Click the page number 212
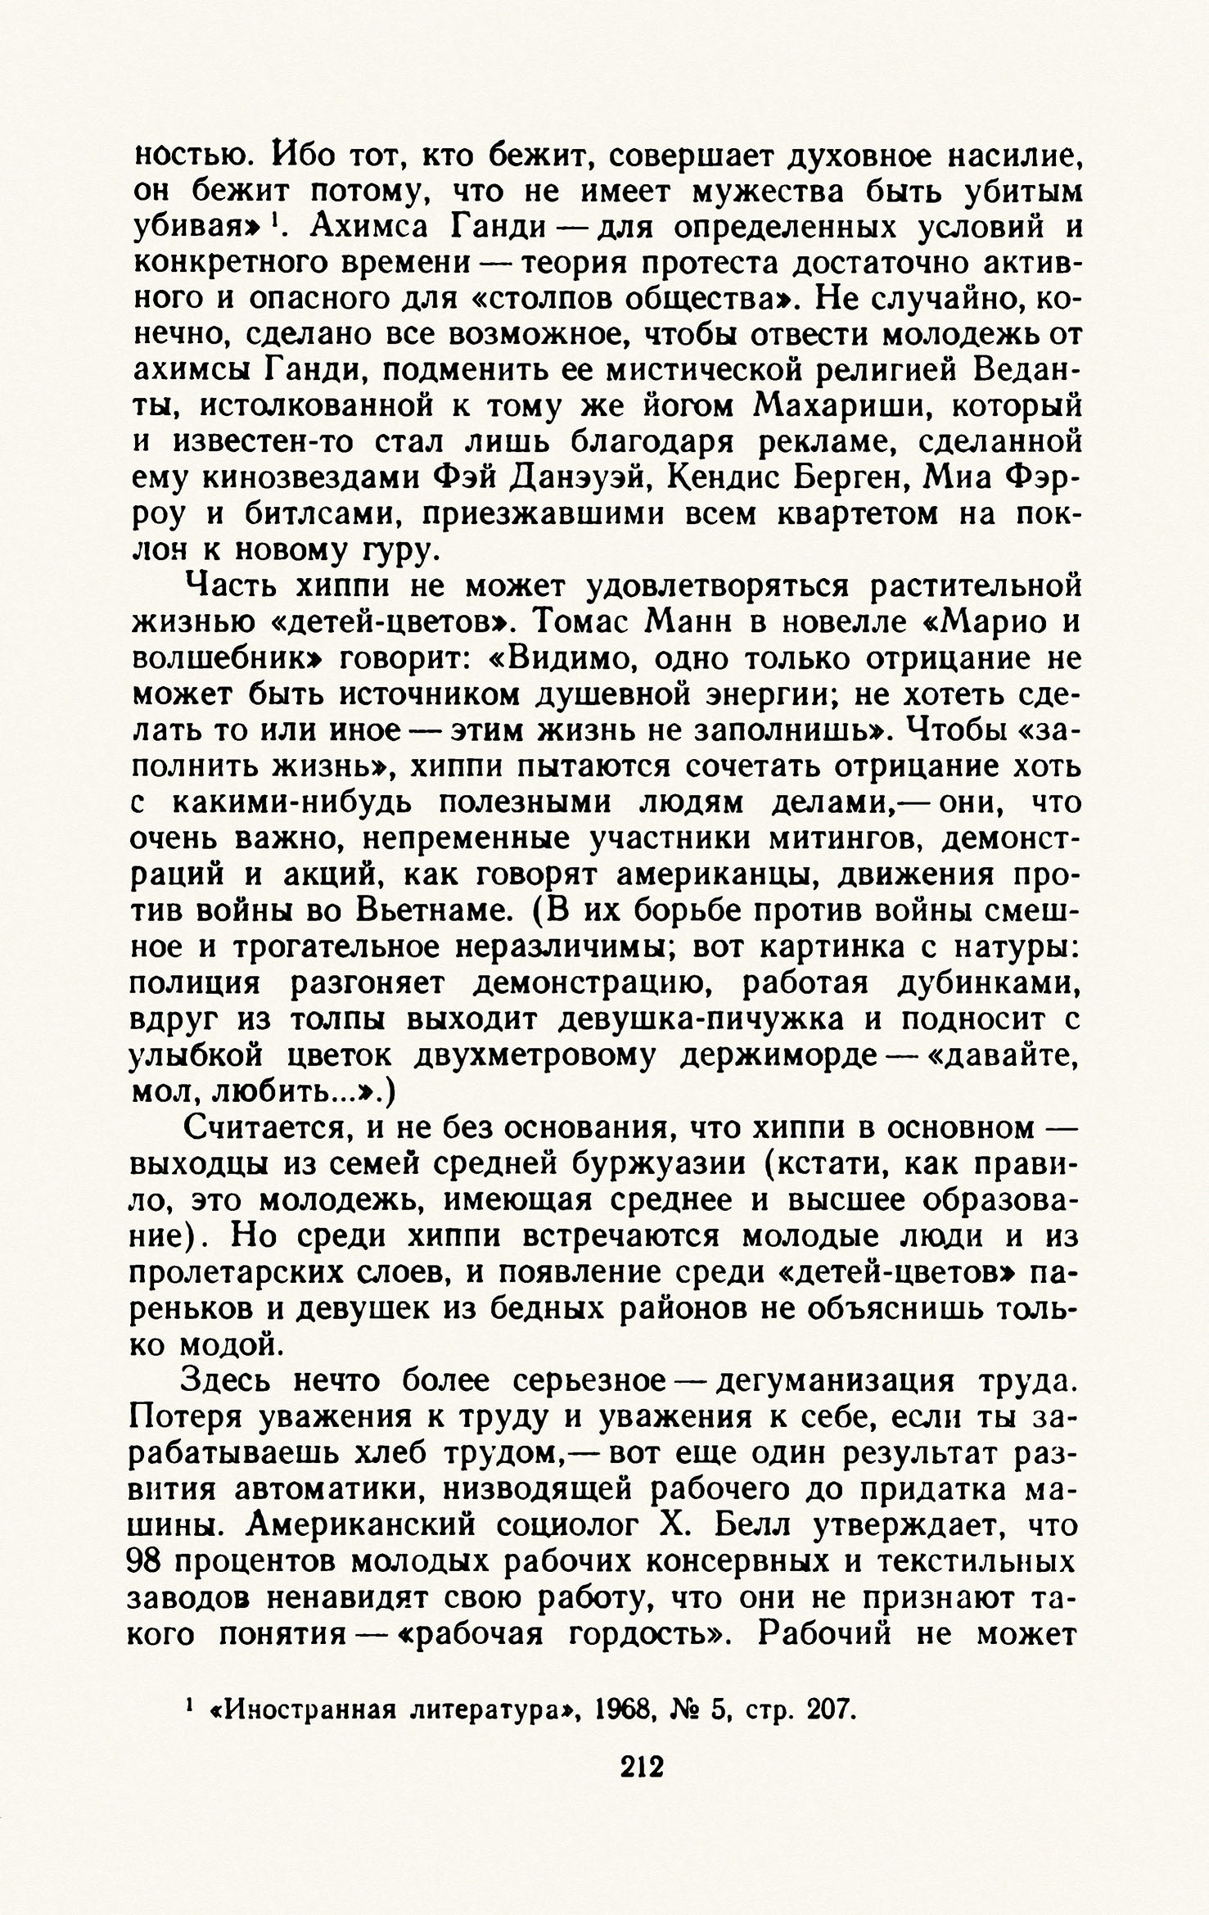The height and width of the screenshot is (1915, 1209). tap(642, 1790)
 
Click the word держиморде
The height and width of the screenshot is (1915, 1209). tap(774, 1056)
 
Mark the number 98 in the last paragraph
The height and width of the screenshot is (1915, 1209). tap(150, 1561)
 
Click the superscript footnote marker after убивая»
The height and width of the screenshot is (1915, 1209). tap(276, 219)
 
